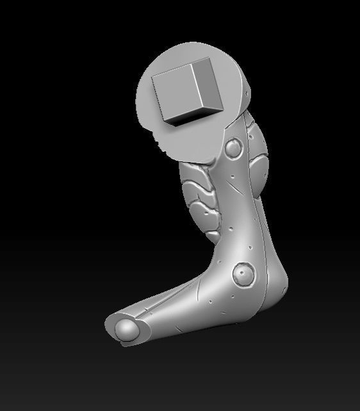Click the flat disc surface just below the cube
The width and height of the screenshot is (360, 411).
(192, 138)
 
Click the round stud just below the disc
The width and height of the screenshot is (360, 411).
(233, 150)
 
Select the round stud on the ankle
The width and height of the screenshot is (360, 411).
(244, 274)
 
